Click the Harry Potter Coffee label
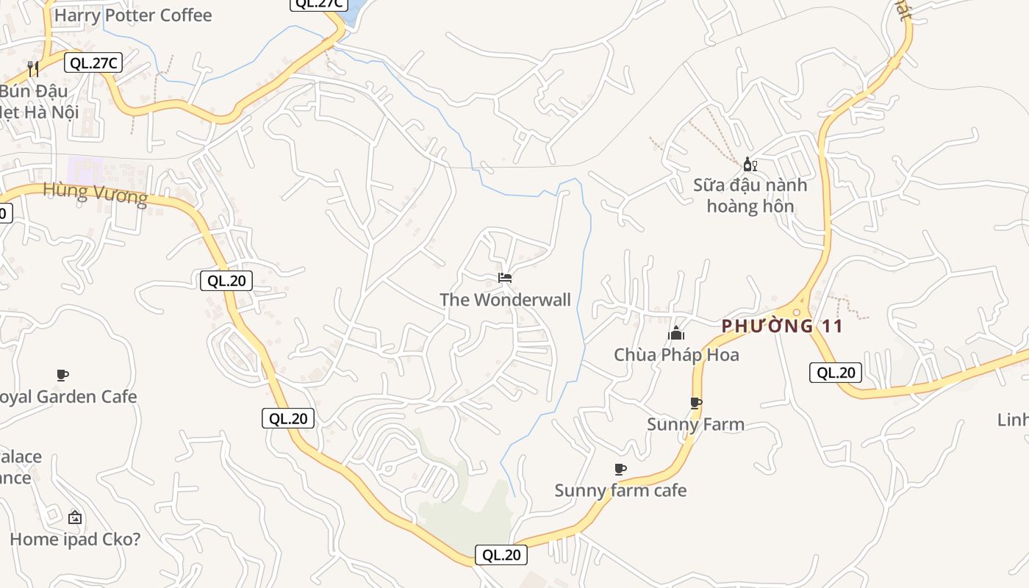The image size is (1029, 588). tap(133, 15)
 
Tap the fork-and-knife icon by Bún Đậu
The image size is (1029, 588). tap(32, 69)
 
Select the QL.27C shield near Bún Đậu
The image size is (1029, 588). tap(93, 63)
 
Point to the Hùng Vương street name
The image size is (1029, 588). tap(95, 193)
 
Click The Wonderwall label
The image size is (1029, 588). tap(505, 300)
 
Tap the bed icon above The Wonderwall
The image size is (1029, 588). tap(505, 278)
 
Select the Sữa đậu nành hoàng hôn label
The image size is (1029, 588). tap(750, 196)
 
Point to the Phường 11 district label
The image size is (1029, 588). tap(782, 326)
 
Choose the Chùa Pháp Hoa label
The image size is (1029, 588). tap(676, 355)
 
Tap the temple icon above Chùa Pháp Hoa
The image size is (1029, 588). tap(676, 334)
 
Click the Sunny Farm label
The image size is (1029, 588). tap(695, 424)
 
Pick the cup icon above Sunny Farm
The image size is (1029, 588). tap(696, 403)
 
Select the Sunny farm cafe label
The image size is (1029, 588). tap(620, 490)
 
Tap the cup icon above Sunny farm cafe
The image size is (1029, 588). tap(620, 469)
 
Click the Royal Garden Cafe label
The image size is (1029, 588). tap(68, 397)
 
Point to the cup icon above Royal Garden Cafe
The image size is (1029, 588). tap(62, 376)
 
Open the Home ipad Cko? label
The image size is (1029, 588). tap(75, 539)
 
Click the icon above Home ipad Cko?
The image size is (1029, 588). tap(75, 517)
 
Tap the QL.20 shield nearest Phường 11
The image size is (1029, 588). tap(836, 373)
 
